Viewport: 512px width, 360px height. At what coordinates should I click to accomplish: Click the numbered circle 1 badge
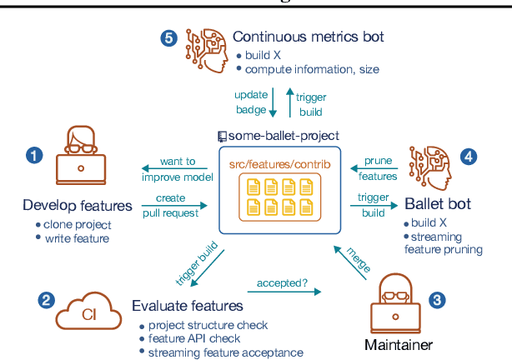coord(33,155)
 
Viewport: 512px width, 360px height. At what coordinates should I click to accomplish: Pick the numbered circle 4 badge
coord(469,155)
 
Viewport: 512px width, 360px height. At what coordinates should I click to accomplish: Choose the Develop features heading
coord(78,206)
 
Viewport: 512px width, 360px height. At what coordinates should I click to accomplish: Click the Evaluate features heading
coord(188,306)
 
